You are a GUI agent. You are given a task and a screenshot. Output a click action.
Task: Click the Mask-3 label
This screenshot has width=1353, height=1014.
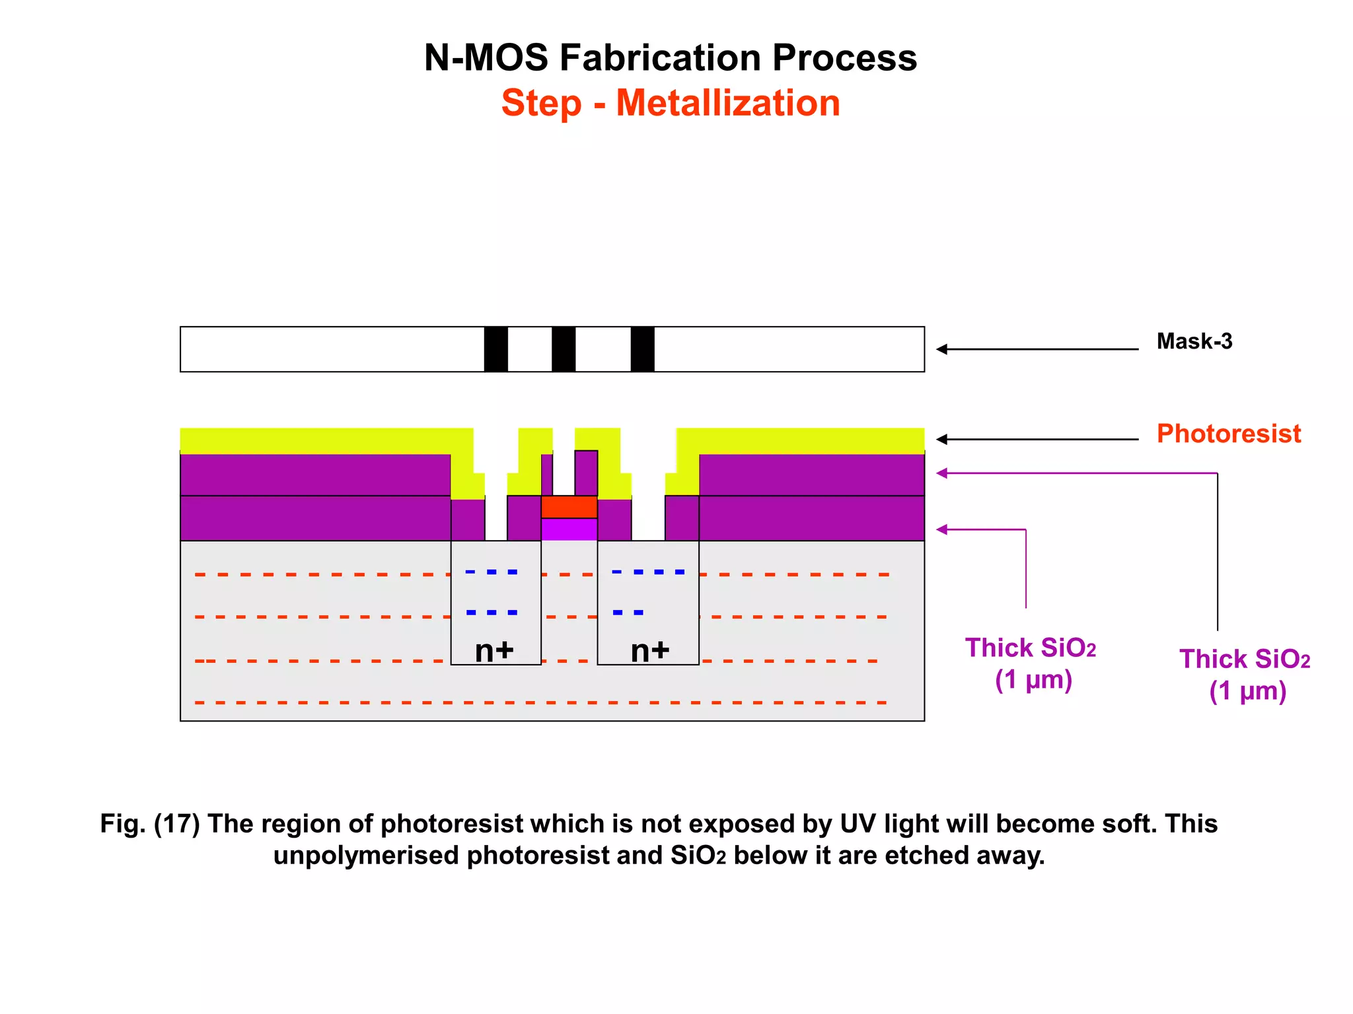pos(1194,341)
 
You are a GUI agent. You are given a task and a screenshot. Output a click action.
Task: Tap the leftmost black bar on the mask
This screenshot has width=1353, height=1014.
pos(495,349)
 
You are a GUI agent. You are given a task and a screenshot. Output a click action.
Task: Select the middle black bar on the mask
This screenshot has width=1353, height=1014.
pos(564,349)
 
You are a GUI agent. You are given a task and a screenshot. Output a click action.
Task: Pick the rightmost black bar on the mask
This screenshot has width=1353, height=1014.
pos(642,349)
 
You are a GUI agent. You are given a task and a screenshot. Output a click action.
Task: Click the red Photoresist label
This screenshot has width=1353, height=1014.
pos(1228,434)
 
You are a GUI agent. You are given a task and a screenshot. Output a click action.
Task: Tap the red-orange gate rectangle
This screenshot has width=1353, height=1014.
pos(569,507)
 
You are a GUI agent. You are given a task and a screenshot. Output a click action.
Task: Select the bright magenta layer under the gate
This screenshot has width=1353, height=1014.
pos(569,529)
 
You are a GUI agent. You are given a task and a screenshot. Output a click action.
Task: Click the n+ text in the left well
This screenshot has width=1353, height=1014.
pos(494,651)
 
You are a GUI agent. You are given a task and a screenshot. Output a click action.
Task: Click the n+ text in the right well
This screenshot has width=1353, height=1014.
pos(650,651)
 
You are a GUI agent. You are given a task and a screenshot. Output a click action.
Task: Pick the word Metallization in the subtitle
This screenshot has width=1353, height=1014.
pos(727,104)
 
